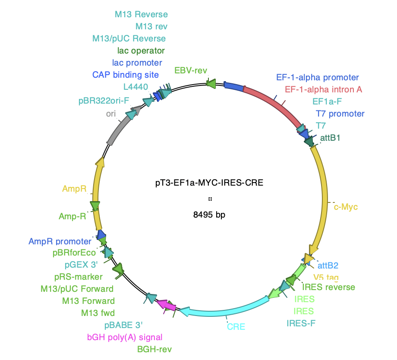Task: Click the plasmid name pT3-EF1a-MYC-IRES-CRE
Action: tap(209, 183)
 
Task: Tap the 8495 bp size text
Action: tap(209, 215)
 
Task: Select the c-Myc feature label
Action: tap(346, 207)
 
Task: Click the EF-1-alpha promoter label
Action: tap(318, 77)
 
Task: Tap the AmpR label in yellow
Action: tap(74, 189)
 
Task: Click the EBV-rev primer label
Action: tap(191, 70)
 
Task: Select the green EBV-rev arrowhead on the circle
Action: tap(211, 83)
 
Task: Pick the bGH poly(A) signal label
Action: tap(125, 337)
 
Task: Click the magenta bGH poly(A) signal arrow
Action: tap(166, 305)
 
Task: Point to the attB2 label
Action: tap(328, 265)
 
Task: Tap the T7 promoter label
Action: tap(340, 114)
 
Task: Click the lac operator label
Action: tap(141, 51)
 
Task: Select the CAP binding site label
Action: tap(125, 75)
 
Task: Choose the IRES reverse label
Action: tap(329, 287)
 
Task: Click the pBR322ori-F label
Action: tap(104, 101)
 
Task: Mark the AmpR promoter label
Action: tap(60, 241)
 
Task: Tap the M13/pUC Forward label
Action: tap(77, 289)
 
